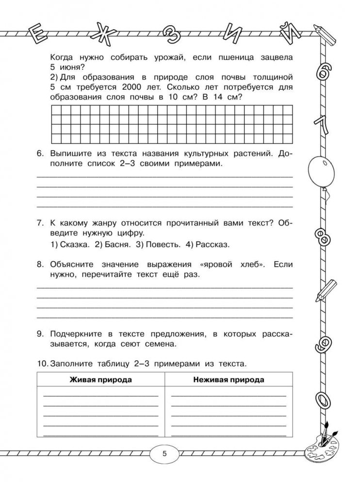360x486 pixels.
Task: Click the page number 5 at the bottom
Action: (164, 454)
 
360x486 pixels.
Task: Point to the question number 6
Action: (40, 153)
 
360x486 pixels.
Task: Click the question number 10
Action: (42, 362)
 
